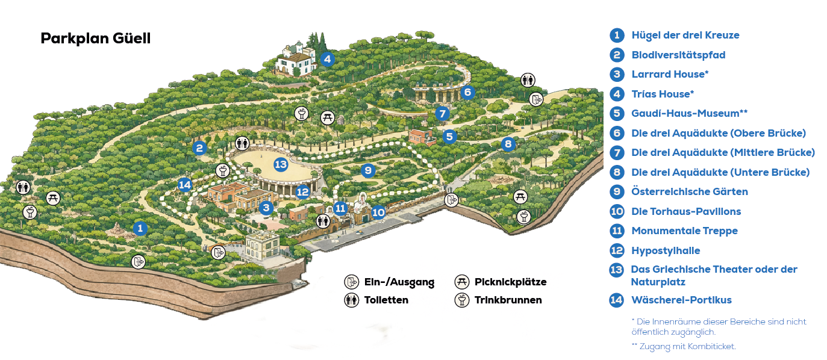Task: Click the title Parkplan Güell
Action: point(95,39)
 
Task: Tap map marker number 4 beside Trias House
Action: point(327,59)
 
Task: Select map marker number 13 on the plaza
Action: point(281,164)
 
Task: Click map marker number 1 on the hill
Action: point(140,228)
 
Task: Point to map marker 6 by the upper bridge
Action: point(467,92)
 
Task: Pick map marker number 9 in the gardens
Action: point(368,170)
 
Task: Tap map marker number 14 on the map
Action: point(185,185)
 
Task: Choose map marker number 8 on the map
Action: point(508,144)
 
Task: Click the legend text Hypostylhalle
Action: point(666,250)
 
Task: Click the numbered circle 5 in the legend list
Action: point(617,113)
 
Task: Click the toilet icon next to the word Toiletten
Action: point(352,300)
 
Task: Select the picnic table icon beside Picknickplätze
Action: point(462,282)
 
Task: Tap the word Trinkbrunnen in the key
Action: point(508,300)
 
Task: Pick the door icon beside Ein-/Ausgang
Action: point(352,282)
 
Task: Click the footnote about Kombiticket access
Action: point(683,346)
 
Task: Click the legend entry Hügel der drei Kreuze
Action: point(685,35)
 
